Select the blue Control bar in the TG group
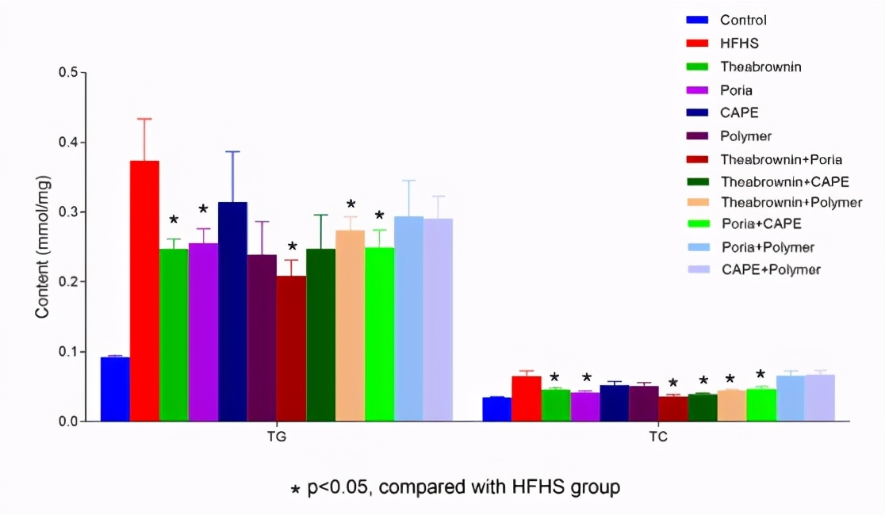pos(115,389)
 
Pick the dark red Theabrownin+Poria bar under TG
pos(291,349)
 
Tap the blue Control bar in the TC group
pos(497,409)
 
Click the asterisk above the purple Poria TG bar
pos(203,210)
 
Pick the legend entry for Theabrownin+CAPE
pos(784,181)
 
